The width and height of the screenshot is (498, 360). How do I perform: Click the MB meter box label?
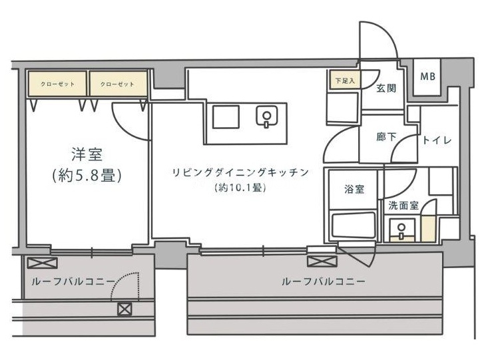tap(427, 76)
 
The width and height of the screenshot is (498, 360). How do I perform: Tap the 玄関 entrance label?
tap(386, 88)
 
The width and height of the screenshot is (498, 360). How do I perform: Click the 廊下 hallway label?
tap(386, 137)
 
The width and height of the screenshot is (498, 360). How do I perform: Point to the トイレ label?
tap(437, 140)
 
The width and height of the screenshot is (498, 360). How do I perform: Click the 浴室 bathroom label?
tap(354, 189)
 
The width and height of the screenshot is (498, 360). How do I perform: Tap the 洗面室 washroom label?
tap(403, 206)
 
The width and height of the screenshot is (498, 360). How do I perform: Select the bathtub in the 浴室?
tap(353, 226)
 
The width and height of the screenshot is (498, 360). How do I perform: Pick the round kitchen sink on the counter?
tap(267, 116)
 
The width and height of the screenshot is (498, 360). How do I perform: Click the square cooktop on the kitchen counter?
tap(226, 117)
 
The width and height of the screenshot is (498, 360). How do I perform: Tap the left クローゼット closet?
tap(57, 84)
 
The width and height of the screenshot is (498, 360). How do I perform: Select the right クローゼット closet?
tap(118, 84)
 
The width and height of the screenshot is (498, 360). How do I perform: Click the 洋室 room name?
tap(87, 154)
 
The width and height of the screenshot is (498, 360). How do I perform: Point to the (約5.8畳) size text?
tap(87, 175)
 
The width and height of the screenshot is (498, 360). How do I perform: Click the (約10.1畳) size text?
tap(240, 188)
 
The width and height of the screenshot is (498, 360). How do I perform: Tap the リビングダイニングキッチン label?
tap(240, 172)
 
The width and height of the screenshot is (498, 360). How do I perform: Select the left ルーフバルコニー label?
tap(73, 281)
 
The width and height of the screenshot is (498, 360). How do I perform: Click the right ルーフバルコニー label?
tap(324, 281)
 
